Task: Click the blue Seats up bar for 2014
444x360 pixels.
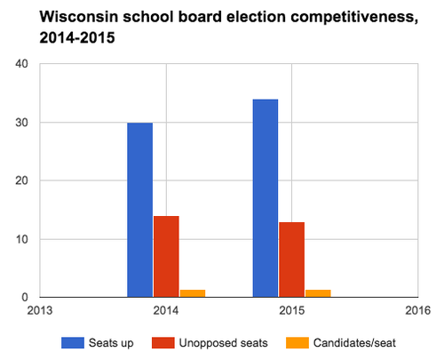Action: pos(139,210)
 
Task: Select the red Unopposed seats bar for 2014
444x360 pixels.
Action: pos(166,256)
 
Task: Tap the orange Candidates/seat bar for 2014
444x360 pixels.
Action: pos(192,292)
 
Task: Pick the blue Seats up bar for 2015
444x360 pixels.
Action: pos(265,198)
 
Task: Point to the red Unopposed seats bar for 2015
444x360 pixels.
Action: pos(291,260)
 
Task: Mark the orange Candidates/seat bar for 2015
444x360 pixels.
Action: pos(317,292)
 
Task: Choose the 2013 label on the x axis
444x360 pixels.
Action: pos(40,311)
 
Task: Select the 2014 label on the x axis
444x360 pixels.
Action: pos(166,311)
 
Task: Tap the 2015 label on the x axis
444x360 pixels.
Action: pos(291,311)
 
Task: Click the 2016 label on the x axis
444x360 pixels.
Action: pos(416,311)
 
